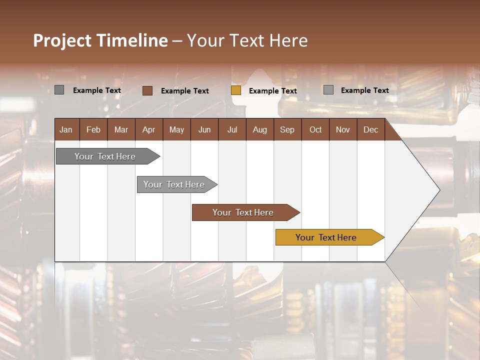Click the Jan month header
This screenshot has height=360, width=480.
point(66,129)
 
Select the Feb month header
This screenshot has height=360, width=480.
point(93,129)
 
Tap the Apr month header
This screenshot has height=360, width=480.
point(148,129)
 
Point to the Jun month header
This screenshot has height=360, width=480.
point(204,129)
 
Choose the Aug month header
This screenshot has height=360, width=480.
point(259,129)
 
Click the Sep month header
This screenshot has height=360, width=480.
point(287,129)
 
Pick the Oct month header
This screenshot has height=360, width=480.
point(315,129)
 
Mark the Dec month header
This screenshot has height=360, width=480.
point(370,129)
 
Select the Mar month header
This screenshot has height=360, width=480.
point(121,129)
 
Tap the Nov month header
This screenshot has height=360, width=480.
point(342,129)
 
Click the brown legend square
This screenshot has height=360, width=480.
point(147,90)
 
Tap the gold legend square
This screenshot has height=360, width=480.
point(236,90)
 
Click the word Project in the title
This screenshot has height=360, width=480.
point(62,40)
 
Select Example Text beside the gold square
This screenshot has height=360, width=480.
point(272,91)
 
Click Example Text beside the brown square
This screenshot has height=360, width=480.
point(184,91)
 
